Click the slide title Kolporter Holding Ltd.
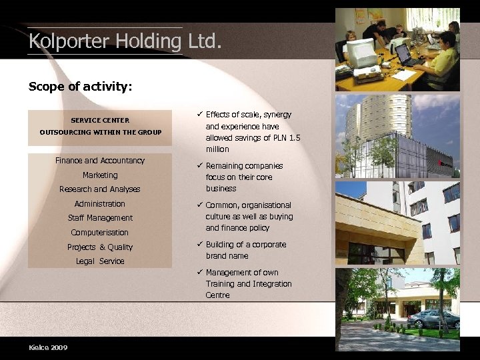point(124,41)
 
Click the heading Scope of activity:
point(80,87)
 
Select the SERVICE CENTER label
point(100,121)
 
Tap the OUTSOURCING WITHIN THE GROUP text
point(100,132)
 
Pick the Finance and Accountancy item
point(100,161)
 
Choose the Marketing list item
point(100,175)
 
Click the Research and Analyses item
point(100,189)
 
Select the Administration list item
point(100,204)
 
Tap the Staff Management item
point(100,218)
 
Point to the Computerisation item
point(100,233)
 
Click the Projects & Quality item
point(100,247)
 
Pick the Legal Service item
point(100,261)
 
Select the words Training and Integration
point(249,284)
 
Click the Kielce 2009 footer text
point(48,347)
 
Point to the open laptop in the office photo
point(408,55)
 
